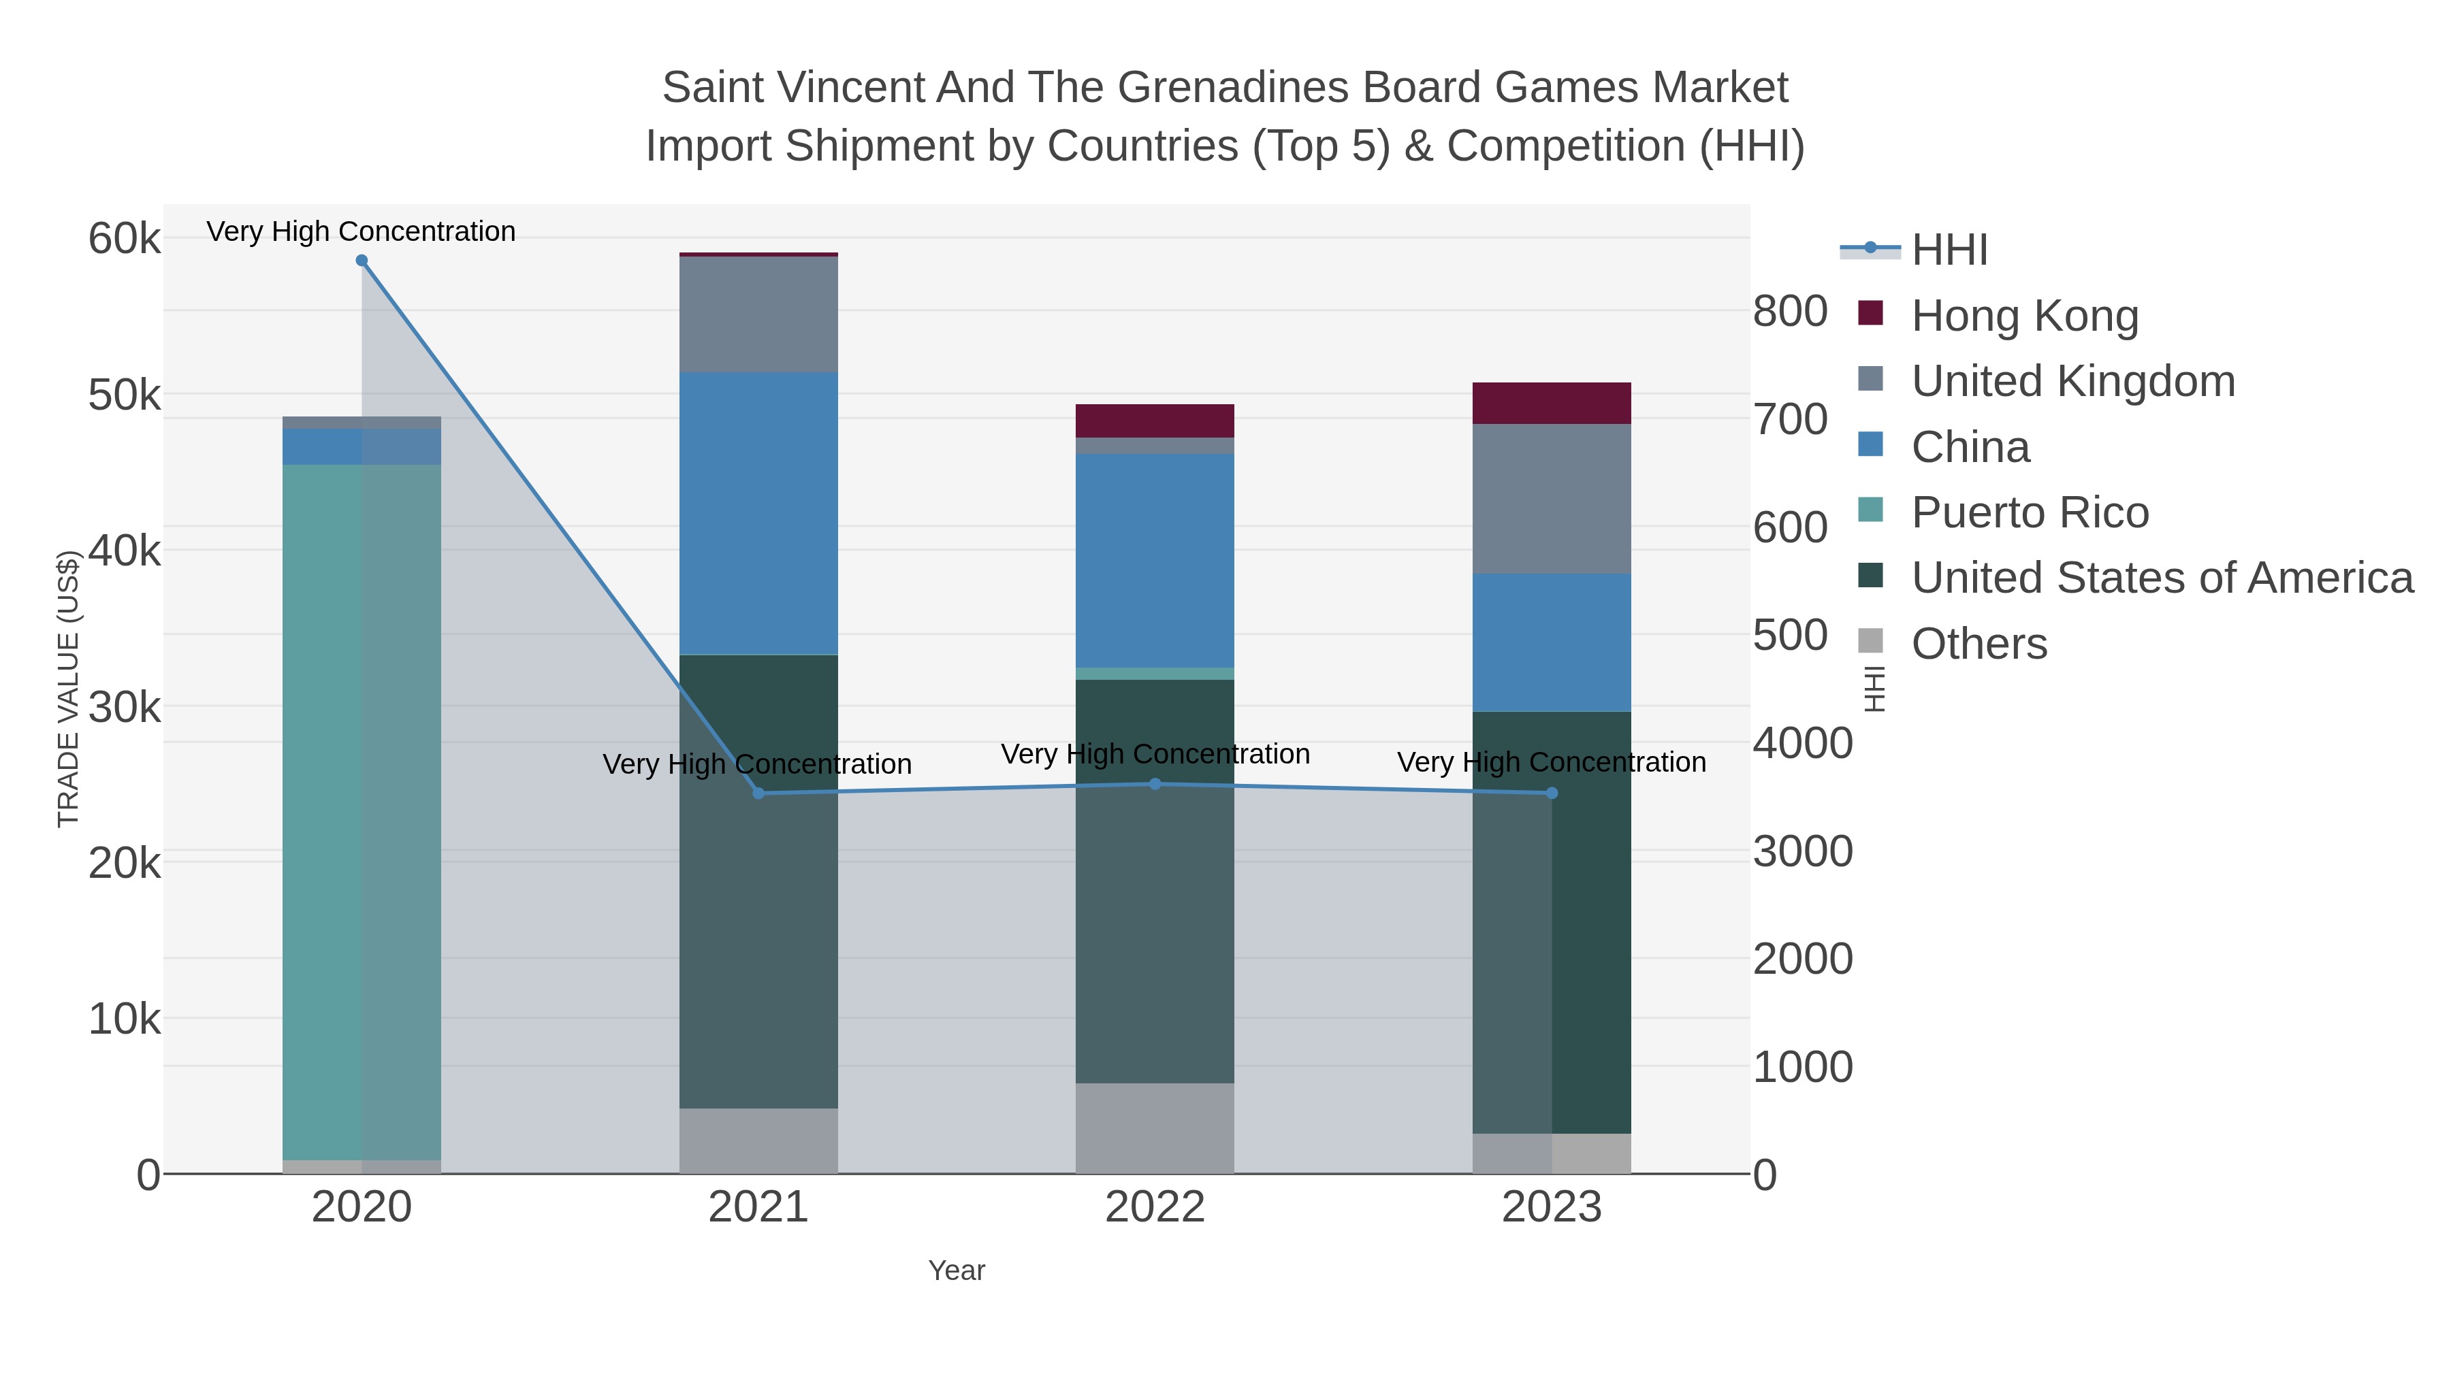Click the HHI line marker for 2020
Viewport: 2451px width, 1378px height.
pyautogui.click(x=362, y=261)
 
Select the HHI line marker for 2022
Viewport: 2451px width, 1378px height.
pyautogui.click(x=1155, y=785)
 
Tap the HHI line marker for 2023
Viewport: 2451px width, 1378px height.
pyautogui.click(x=1552, y=793)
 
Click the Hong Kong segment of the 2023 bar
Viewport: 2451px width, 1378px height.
pyautogui.click(x=1552, y=404)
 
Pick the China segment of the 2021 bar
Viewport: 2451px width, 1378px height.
pyautogui.click(x=758, y=514)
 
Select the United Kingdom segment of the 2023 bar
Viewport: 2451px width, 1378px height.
pyautogui.click(x=1552, y=499)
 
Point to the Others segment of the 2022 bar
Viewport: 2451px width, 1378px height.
pyautogui.click(x=1155, y=1128)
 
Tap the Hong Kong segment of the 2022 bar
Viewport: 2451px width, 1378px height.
pyautogui.click(x=1155, y=421)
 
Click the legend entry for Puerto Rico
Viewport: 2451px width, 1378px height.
pyautogui.click(x=2030, y=512)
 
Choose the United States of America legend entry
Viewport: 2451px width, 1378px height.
pyautogui.click(x=2162, y=578)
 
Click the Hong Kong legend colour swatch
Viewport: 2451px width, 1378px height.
pyautogui.click(x=1871, y=314)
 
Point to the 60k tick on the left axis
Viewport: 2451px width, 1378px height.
pyautogui.click(x=125, y=239)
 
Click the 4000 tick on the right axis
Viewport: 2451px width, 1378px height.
pyautogui.click(x=1802, y=744)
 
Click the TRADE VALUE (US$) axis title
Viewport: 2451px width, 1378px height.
pyautogui.click(x=69, y=689)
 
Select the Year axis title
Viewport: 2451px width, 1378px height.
pyautogui.click(x=957, y=1270)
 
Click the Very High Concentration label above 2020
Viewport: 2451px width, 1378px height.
pyautogui.click(x=362, y=231)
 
